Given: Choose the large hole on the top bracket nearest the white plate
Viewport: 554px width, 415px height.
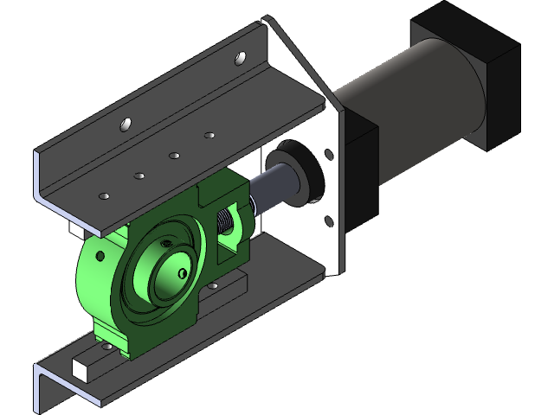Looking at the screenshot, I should coord(242,60).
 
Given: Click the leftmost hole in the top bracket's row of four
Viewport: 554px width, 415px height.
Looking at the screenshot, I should coord(104,196).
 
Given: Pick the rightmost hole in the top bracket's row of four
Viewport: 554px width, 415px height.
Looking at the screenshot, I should coord(209,135).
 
